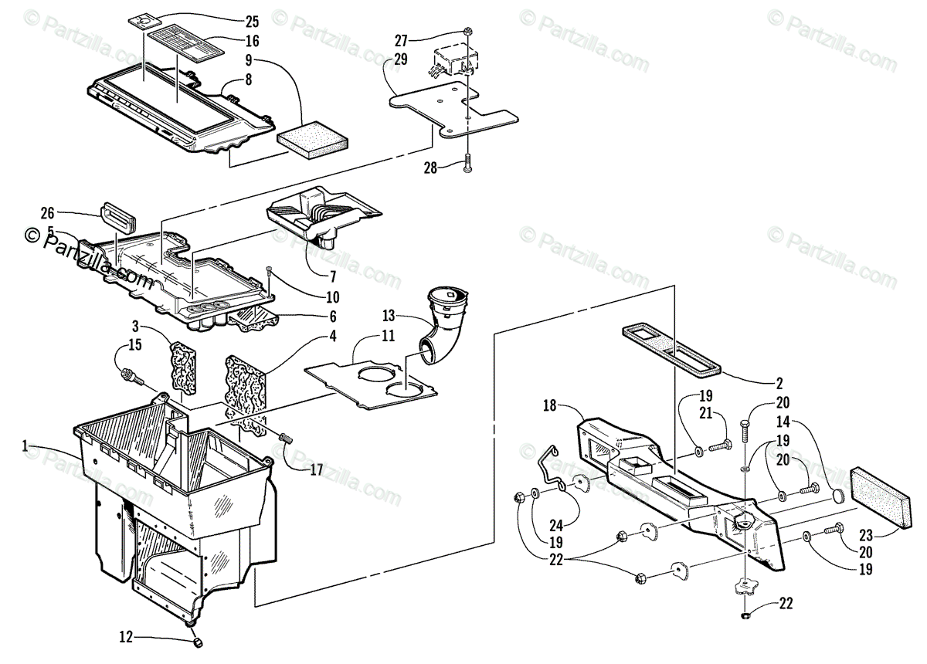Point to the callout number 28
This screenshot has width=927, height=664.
(x=430, y=167)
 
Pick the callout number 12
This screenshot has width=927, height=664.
(x=126, y=637)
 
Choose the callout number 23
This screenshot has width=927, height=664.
(x=865, y=534)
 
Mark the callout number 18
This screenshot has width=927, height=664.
(x=550, y=405)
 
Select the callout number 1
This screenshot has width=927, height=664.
(x=25, y=445)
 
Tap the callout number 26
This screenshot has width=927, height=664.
(x=48, y=214)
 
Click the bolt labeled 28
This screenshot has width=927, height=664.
(x=469, y=163)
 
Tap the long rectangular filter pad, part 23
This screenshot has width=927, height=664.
(x=878, y=496)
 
